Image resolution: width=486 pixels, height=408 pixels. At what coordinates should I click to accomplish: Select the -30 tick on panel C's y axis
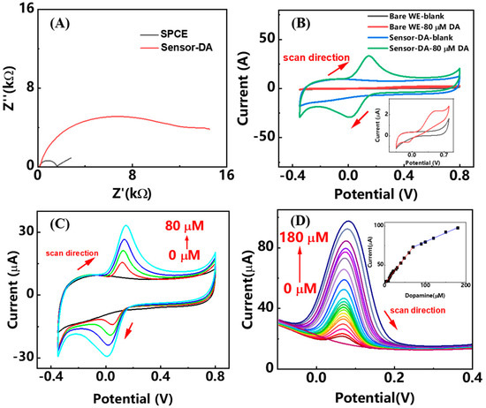pos(27,355)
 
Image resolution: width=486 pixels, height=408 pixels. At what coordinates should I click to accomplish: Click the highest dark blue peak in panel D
pos(349,222)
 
